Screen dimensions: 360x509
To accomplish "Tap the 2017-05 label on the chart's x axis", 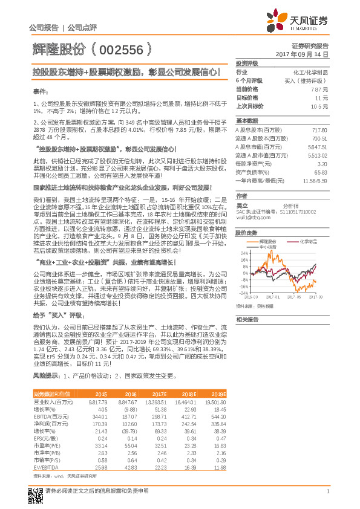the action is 295,297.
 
